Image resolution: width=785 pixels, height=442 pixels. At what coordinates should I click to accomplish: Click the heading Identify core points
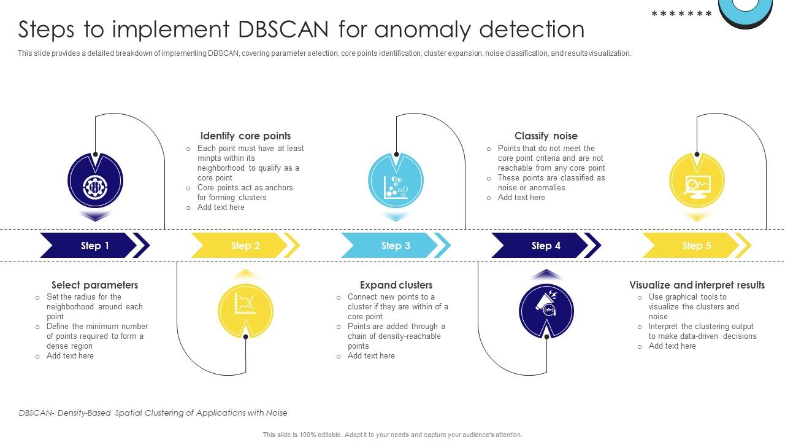245,136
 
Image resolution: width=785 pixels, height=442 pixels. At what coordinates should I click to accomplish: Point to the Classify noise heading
546,136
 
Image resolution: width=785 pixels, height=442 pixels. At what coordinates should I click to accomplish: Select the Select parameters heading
94,285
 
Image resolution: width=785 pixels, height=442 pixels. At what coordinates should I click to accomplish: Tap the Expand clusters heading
396,285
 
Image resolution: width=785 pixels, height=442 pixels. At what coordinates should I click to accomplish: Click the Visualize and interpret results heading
697,285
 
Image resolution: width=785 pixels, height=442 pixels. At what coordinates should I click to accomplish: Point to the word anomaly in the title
426,29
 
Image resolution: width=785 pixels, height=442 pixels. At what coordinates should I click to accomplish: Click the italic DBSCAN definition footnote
153,413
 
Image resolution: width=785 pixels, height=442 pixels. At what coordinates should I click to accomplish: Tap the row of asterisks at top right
681,14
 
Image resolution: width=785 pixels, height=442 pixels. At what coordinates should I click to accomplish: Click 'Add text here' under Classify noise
521,198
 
